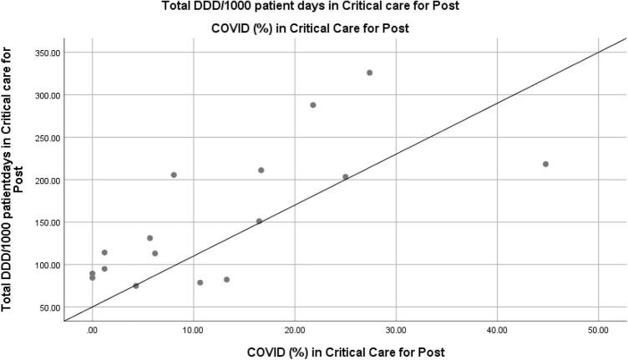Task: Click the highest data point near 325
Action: point(369,73)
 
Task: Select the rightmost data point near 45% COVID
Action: point(545,164)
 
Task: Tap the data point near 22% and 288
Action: point(313,105)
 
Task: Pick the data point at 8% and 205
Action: point(174,175)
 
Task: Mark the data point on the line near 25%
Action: point(345,177)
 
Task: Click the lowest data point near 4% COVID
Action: point(136,286)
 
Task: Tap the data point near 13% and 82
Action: point(226,280)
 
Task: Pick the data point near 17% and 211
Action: point(261,170)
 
